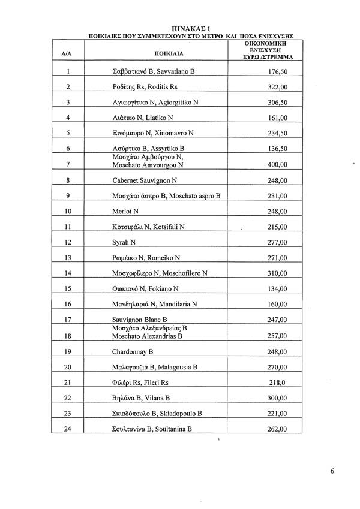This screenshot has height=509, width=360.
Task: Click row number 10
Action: coord(68,211)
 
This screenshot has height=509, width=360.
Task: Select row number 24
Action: coord(68,429)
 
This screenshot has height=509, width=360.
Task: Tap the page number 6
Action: coord(332,471)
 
